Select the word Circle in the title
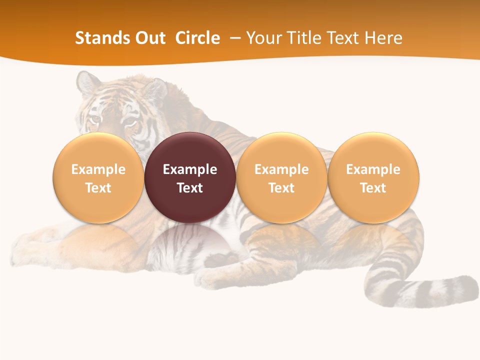(197, 38)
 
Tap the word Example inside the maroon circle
(190, 169)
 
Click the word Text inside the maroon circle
(190, 188)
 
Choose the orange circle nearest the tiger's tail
(373, 177)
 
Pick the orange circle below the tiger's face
(98, 177)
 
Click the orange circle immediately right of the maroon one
(281, 177)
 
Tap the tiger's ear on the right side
(156, 88)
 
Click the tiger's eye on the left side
(94, 119)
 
